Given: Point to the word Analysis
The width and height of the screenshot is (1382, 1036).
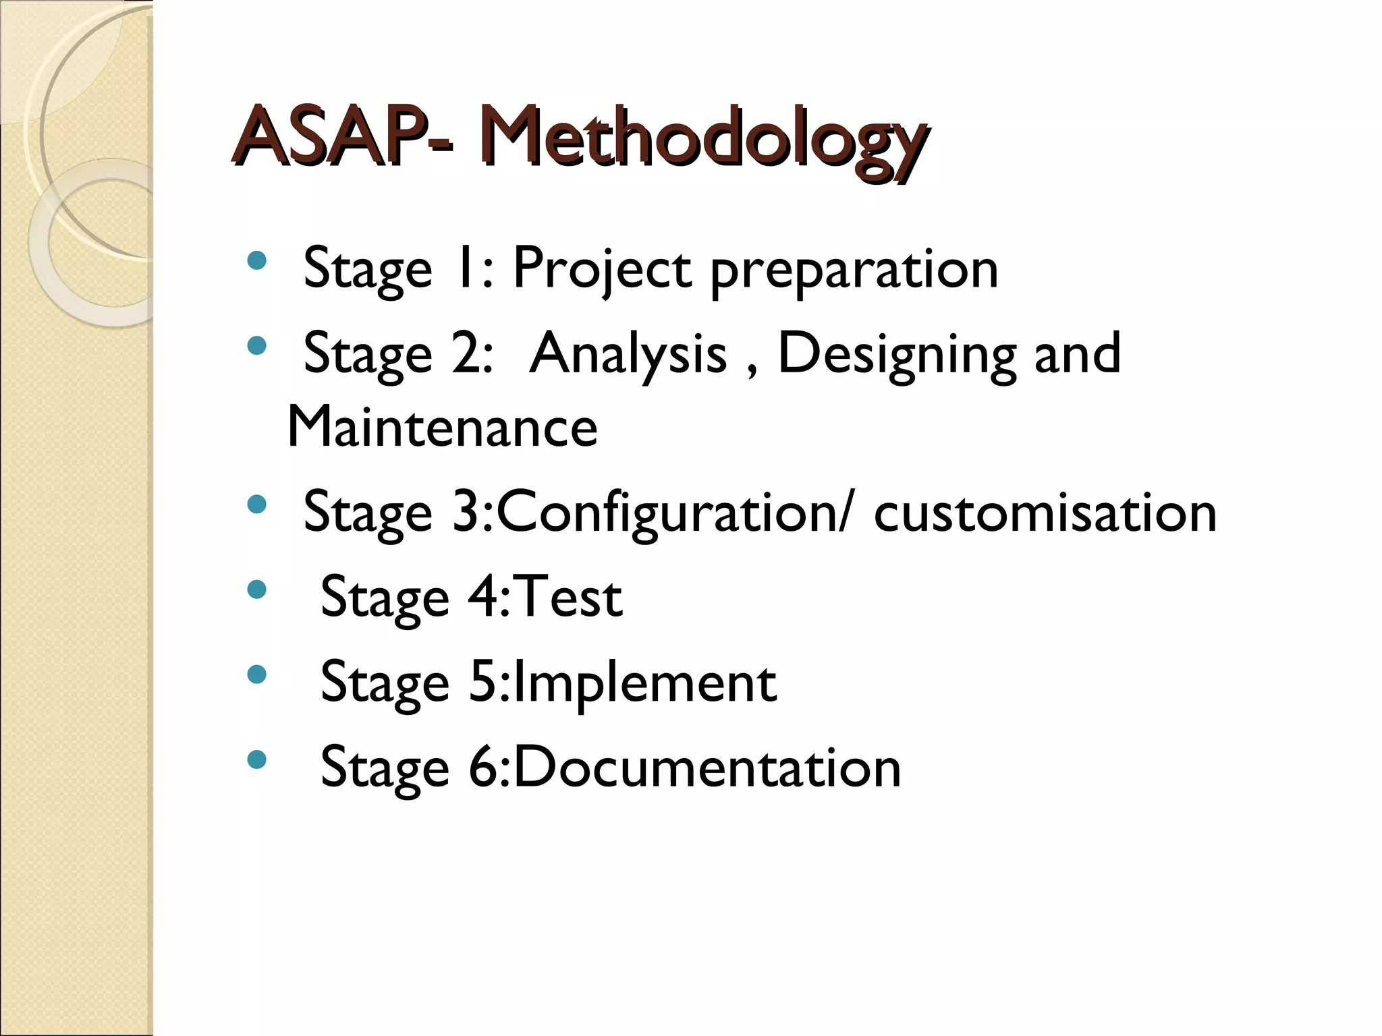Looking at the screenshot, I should pos(628,353).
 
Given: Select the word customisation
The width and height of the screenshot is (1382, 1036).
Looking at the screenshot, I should pos(1045,513).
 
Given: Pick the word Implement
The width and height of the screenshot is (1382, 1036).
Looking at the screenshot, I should pos(644,683).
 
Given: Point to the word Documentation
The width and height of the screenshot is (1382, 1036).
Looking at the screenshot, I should pos(707,767).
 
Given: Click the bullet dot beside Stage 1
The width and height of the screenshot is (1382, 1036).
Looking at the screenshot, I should pos(256,260).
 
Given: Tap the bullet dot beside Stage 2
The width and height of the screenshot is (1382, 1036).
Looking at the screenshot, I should pos(256,346).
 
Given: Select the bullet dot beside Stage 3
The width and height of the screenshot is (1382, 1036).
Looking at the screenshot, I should pos(256,505).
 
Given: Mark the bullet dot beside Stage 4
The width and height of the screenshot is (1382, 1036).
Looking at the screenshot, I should pos(256,590).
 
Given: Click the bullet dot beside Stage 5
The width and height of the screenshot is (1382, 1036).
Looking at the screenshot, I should pos(256,674).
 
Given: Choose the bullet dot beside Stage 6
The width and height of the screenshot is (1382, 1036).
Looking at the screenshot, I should pos(256,760).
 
